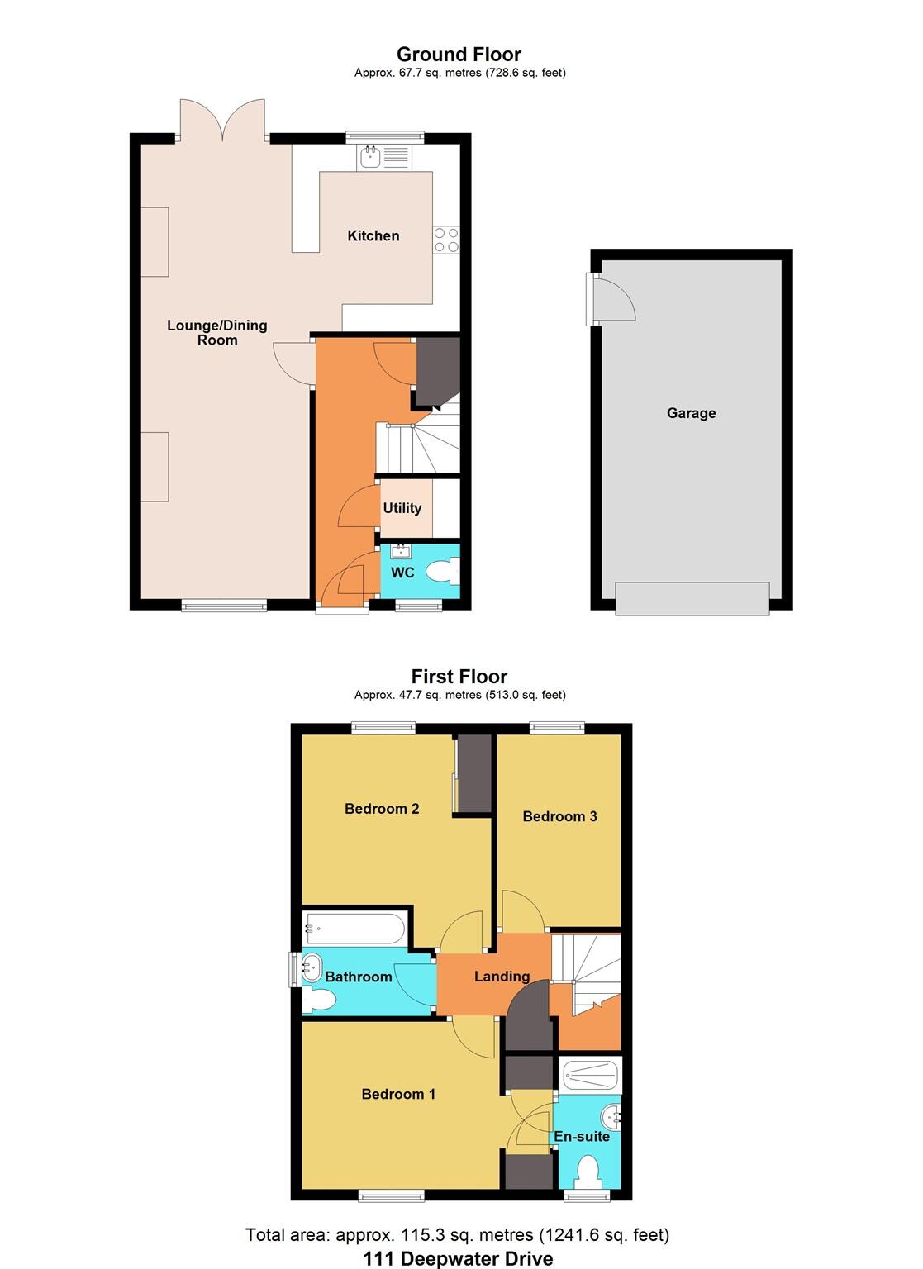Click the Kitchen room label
point(373,235)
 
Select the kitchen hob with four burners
point(446,240)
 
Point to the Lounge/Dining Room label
point(216,332)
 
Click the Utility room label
point(402,508)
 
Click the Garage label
point(691,413)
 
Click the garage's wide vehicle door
point(692,598)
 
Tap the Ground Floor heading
point(459,55)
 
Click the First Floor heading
point(459,677)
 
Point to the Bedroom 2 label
point(382,809)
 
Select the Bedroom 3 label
point(559,816)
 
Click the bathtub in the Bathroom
point(354,929)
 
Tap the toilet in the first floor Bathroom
point(319,1000)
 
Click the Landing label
point(502,977)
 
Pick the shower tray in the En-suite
point(589,1075)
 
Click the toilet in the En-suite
point(588,1171)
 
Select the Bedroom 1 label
point(398,1094)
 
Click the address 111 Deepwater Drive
point(458,1258)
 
